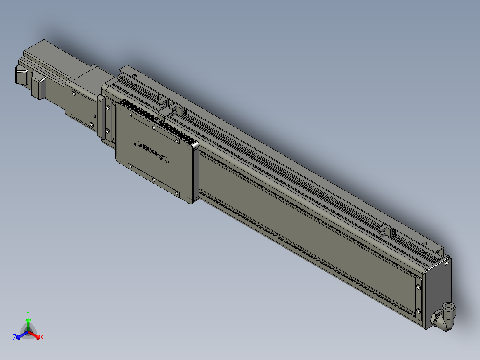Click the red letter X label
click(x=42, y=338)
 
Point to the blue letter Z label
click(x=15, y=338)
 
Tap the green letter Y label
click(x=28, y=313)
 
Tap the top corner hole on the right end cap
click(x=446, y=263)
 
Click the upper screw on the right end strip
click(x=418, y=286)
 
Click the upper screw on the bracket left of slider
click(x=107, y=107)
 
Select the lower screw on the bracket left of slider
click(x=107, y=131)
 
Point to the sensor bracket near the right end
click(x=386, y=230)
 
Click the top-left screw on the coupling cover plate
click(x=73, y=94)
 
